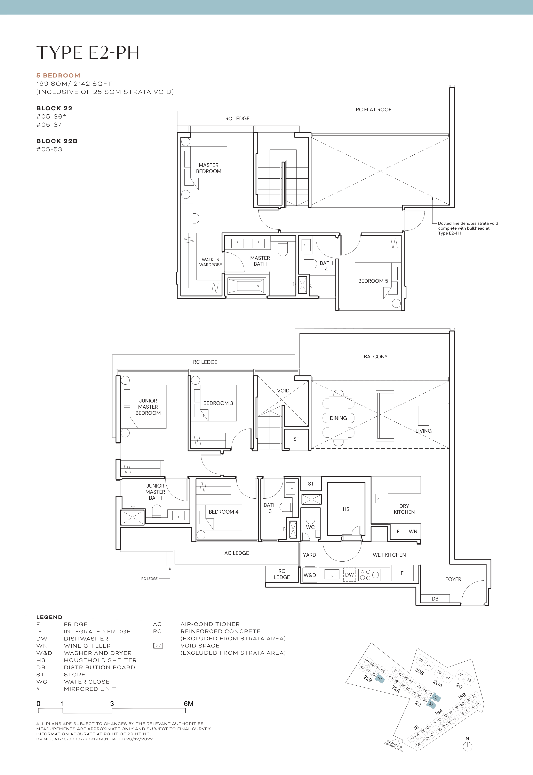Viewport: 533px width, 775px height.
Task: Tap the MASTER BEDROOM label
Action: click(208, 168)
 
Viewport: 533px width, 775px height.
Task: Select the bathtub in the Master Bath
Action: click(246, 286)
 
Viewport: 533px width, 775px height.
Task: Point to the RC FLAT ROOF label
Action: click(373, 109)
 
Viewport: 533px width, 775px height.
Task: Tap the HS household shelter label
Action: click(346, 509)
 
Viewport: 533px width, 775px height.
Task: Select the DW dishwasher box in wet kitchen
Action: click(349, 574)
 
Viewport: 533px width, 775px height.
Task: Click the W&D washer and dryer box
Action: click(310, 575)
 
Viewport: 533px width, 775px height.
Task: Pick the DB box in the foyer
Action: click(435, 598)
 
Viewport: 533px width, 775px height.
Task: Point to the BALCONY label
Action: click(375, 357)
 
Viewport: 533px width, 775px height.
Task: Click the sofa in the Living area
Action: click(385, 416)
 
